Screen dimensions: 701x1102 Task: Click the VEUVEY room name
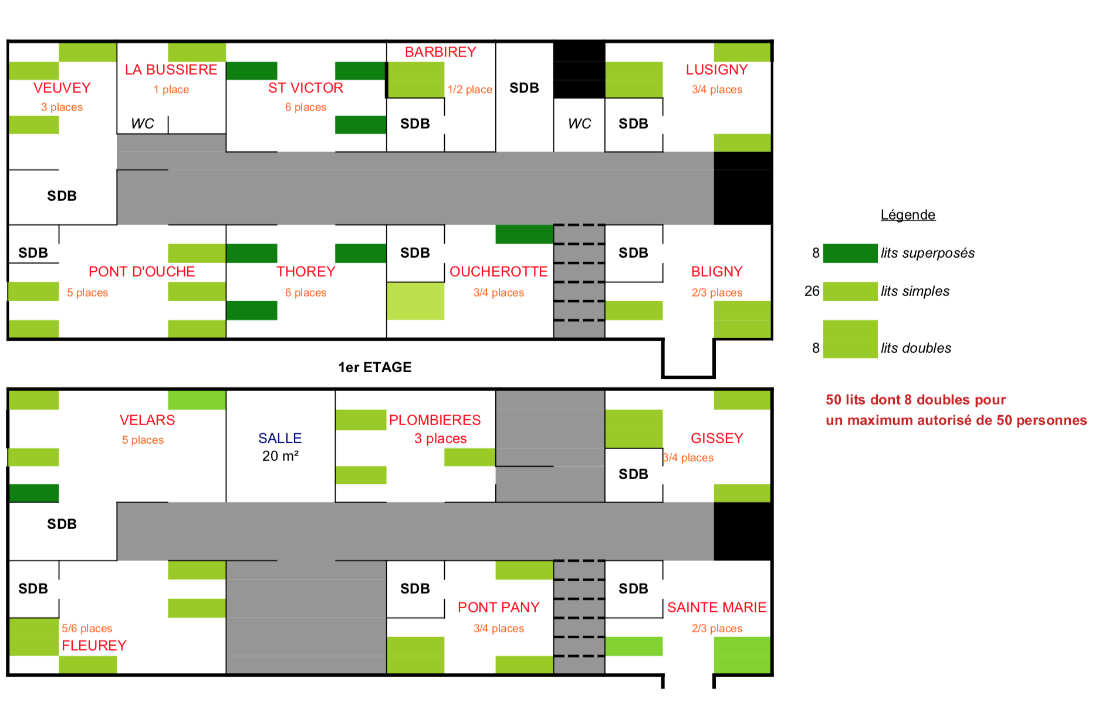tap(62, 88)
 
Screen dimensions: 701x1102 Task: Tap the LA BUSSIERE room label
tap(171, 70)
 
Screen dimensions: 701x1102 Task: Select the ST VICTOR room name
tap(306, 88)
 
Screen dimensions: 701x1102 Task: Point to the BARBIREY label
tap(441, 52)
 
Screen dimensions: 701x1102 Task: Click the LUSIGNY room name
tap(717, 70)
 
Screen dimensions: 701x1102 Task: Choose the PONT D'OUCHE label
tap(142, 272)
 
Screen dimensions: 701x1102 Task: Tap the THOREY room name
tap(306, 272)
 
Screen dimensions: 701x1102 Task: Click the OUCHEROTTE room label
tap(499, 272)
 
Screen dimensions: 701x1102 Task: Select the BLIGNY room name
tap(717, 272)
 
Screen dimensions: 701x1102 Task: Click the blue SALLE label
tap(280, 438)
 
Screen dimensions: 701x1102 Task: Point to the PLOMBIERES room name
tap(435, 420)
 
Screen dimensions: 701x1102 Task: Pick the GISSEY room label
tap(717, 439)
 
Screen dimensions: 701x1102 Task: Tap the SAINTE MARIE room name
tap(717, 608)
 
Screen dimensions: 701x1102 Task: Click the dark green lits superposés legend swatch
tap(850, 254)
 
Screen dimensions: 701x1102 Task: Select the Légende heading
tap(908, 215)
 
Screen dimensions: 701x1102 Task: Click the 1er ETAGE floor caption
tap(375, 368)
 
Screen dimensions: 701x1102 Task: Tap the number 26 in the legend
tap(812, 291)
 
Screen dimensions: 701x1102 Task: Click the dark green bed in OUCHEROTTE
tap(525, 234)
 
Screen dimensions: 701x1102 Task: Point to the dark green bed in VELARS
tap(33, 493)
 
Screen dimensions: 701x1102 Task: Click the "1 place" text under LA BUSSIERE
tap(171, 90)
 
